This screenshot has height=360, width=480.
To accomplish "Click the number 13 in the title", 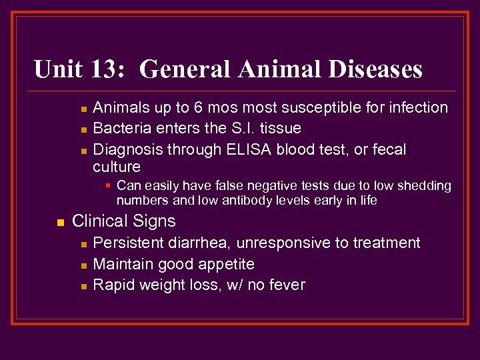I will point(110,69).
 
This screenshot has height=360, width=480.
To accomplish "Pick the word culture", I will point(117,167).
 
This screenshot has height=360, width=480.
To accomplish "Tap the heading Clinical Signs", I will point(123,221).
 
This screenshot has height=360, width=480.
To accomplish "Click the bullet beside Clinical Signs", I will point(60,222).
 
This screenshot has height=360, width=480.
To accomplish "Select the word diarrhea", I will point(200,243).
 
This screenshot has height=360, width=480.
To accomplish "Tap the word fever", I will point(286,285).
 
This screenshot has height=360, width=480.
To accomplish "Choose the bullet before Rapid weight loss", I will point(83,286).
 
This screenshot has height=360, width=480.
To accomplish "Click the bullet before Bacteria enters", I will point(83,129).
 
